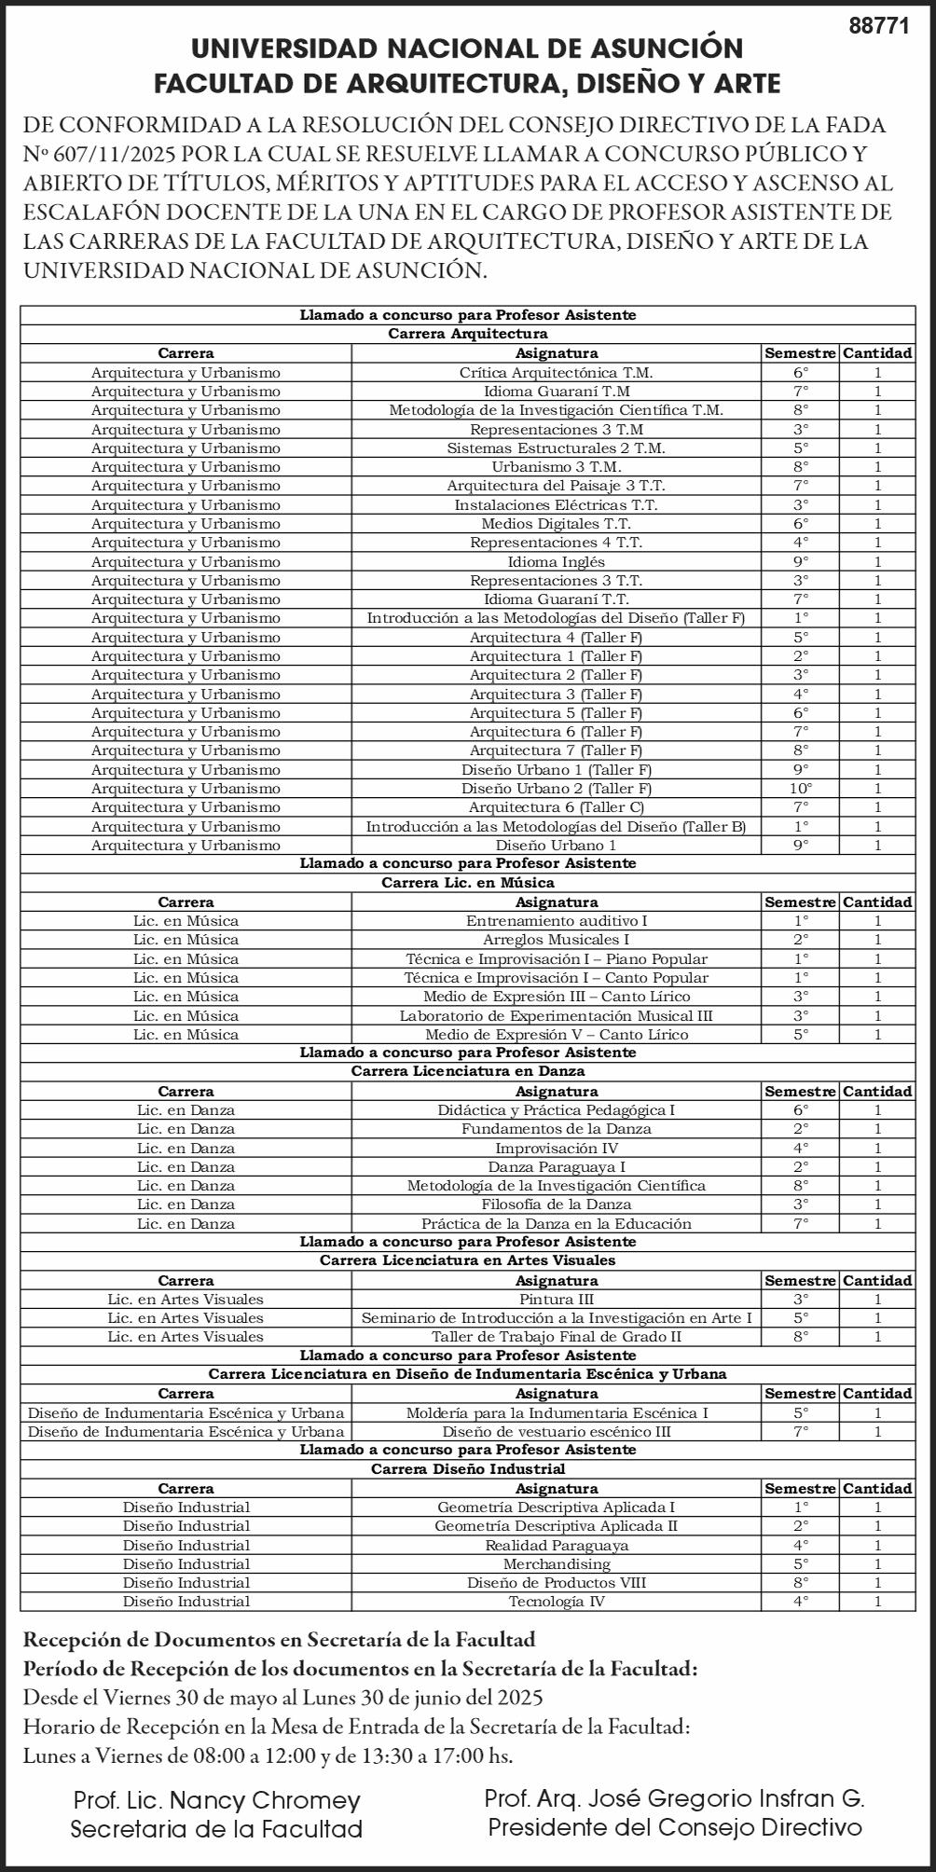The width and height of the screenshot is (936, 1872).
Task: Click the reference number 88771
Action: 878,27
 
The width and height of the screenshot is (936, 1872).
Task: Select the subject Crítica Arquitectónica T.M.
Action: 556,372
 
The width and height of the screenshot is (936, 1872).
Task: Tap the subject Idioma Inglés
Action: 556,561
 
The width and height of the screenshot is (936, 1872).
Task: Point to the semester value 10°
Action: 800,789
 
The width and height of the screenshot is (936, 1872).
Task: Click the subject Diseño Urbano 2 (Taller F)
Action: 556,789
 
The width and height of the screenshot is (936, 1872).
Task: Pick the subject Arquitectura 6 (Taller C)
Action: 556,807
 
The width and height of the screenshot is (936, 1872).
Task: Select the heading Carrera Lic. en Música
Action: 468,883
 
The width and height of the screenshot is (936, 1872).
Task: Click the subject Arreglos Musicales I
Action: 556,940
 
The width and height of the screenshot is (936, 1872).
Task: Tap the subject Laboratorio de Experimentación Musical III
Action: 556,1015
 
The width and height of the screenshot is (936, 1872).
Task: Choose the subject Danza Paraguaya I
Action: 556,1167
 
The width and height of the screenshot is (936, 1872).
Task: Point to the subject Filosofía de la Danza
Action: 556,1204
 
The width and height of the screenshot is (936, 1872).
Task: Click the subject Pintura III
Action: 556,1300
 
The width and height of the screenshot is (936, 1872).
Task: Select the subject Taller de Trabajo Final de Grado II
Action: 556,1337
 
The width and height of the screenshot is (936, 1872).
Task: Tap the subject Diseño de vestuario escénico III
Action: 556,1432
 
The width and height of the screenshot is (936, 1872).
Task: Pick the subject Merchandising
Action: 556,1564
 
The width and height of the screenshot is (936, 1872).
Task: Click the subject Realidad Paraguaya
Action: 556,1545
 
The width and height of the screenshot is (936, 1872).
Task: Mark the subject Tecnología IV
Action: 556,1602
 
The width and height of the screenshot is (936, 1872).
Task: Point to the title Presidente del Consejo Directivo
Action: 675,1827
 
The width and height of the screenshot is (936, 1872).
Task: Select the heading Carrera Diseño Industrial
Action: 468,1469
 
